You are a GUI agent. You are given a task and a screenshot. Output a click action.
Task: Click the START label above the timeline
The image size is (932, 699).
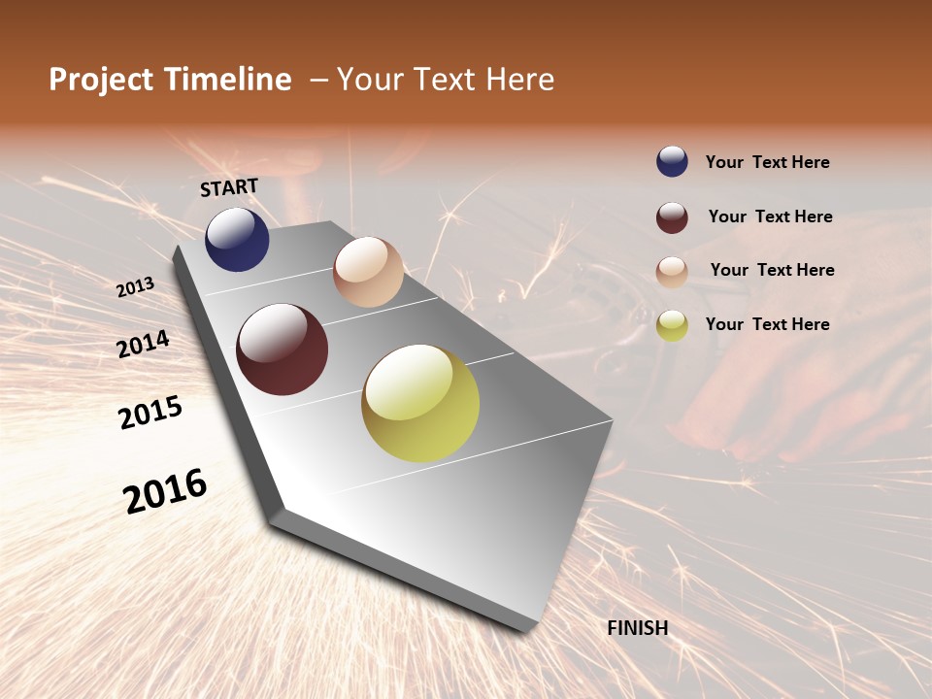pos(229,187)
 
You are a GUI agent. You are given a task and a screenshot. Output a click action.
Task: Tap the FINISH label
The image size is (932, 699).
pos(638,628)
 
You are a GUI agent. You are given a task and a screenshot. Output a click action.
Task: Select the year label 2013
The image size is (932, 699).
pos(136,287)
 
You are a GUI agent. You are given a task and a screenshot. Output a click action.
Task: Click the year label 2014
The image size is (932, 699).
pos(144,344)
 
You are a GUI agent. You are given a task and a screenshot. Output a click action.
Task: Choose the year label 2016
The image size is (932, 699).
pos(165,491)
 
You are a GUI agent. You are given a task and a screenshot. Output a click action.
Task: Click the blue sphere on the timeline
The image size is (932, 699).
pos(237,239)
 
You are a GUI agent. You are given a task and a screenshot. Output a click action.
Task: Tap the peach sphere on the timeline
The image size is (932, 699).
pos(368,272)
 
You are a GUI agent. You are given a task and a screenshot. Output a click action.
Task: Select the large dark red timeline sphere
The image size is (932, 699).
pos(283,349)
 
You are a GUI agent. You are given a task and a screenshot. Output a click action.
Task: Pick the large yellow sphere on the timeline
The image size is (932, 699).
pos(420,403)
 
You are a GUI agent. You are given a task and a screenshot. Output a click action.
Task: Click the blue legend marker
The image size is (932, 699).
pos(672,162)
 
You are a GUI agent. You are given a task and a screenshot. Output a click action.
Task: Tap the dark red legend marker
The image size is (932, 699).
pos(672,217)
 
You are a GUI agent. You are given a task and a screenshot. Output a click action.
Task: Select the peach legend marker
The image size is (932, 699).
pos(672,272)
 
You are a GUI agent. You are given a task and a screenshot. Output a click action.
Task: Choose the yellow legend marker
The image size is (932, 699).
pos(672,325)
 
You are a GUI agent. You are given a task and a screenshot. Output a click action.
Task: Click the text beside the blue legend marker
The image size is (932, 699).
pos(768,163)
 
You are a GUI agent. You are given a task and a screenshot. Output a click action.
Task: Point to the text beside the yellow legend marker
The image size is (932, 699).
pos(768,324)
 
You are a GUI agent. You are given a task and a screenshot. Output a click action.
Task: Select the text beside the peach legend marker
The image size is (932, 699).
pos(772,270)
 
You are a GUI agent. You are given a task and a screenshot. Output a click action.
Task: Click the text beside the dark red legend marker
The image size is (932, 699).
pos(771,216)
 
